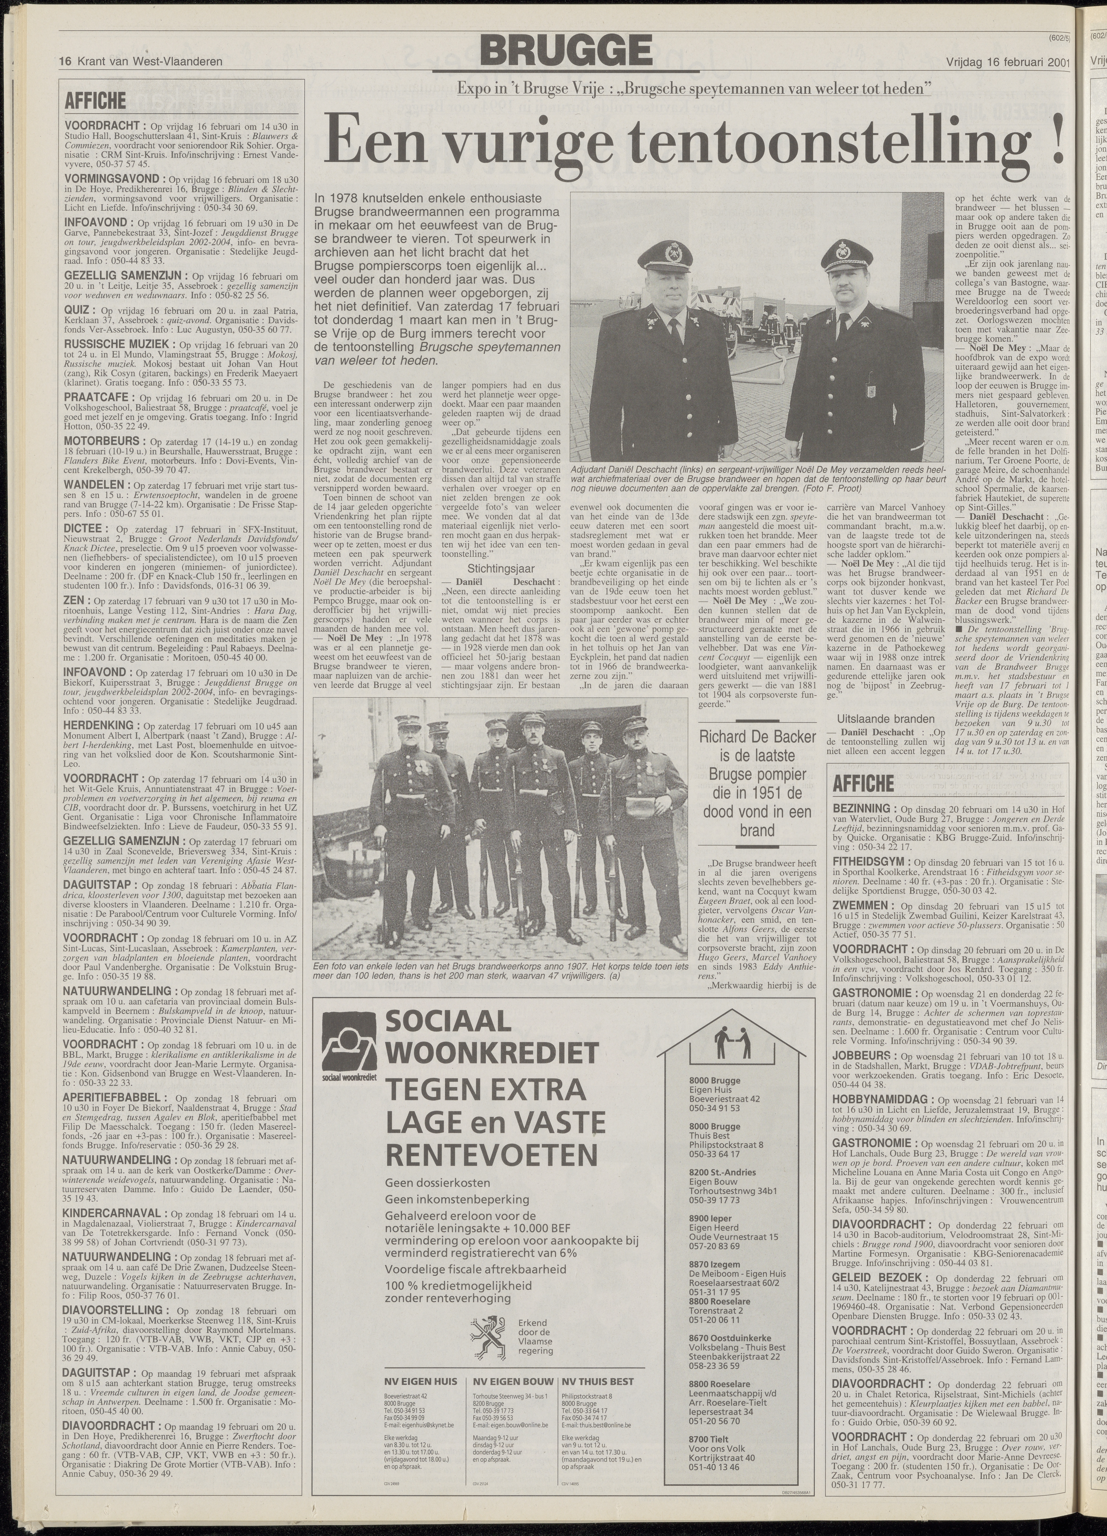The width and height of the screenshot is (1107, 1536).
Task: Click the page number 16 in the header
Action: click(66, 62)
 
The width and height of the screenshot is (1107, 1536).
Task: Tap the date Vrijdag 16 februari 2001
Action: click(1007, 62)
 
